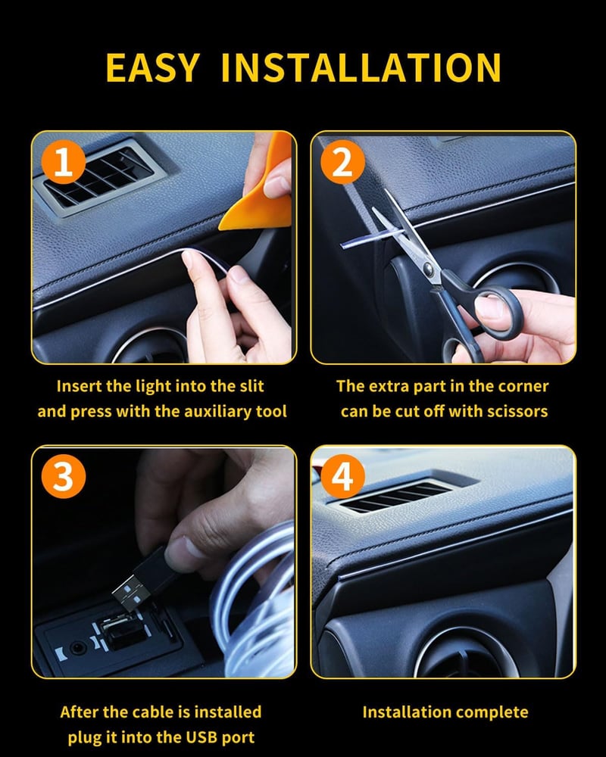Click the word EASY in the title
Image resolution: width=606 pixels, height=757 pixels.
click(x=152, y=67)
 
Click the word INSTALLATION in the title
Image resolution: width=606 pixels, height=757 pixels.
click(x=361, y=67)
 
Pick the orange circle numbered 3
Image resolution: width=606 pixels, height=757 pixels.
click(x=64, y=476)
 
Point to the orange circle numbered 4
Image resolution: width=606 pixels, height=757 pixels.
click(x=342, y=476)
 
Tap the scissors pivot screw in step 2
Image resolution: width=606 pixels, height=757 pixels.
click(x=428, y=267)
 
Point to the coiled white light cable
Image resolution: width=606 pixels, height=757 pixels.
click(x=256, y=603)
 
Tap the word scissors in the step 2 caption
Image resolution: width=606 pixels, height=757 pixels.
click(x=517, y=411)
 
